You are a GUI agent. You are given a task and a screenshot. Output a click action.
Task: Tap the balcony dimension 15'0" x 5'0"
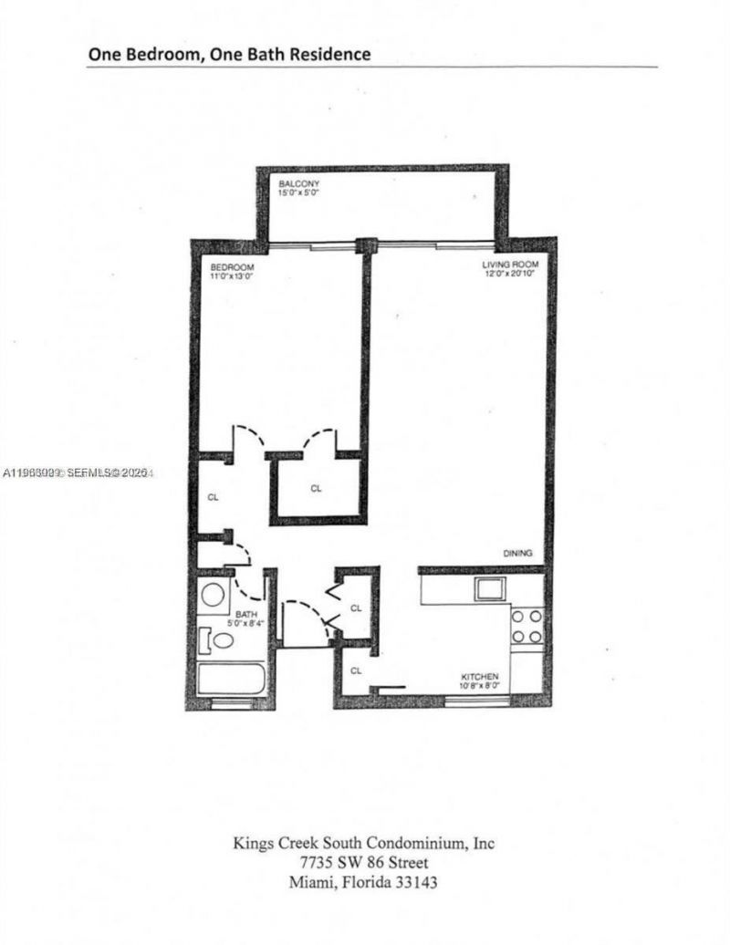coord(298,193)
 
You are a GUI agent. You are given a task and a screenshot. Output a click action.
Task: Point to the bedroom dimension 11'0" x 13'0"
coord(219,275)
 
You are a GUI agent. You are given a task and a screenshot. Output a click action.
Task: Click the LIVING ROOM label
coord(506,265)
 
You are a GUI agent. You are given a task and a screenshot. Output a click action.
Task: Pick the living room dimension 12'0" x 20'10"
coord(507,275)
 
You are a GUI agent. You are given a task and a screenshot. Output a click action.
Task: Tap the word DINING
coord(516,554)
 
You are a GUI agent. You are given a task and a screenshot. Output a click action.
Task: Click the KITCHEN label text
coord(479,676)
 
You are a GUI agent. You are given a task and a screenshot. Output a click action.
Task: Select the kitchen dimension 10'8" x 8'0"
coord(480,685)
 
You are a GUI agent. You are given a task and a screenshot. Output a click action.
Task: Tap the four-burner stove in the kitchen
coord(527,627)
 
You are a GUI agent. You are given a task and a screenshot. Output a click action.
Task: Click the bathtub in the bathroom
coord(232,680)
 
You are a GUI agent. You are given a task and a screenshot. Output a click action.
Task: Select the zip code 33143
coord(422,883)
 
